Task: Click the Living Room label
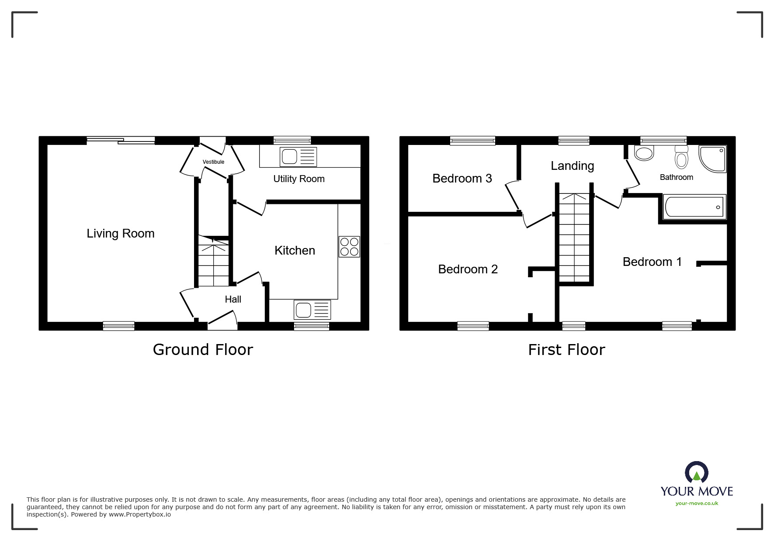[121, 234]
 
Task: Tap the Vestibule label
[213, 162]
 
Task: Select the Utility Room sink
[298, 157]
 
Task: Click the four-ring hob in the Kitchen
[349, 247]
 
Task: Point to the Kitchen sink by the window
[312, 310]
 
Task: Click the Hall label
[233, 300]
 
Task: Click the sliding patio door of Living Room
[121, 140]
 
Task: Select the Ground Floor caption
[203, 350]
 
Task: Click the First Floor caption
[566, 350]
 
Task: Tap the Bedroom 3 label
[462, 178]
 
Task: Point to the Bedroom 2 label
[468, 269]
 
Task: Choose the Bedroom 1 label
[652, 262]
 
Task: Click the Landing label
[572, 166]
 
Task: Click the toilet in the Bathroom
[681, 157]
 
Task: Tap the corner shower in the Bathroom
[712, 159]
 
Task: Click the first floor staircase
[574, 238]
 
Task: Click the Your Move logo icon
[696, 473]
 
